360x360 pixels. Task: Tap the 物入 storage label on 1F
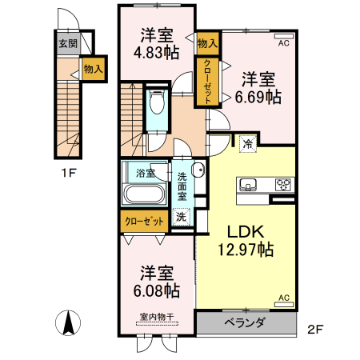coord(93,69)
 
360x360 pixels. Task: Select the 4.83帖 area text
coord(158,54)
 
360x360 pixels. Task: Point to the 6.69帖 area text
coord(258,97)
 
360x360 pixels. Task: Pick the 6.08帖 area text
coord(158,289)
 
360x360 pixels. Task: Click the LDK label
coord(245,231)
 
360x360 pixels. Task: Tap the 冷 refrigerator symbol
coord(247,144)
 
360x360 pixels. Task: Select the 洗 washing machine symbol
coord(182,216)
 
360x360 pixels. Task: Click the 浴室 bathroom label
coord(145,173)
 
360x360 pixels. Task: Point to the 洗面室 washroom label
coord(182,185)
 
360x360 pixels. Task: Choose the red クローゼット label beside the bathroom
coord(145,220)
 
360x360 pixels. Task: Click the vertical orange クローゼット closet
coord(208,82)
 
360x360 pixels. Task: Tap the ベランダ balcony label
coord(246,322)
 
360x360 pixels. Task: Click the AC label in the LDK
coord(283,298)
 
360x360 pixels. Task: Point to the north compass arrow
coord(70,322)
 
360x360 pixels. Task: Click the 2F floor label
coord(316,329)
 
